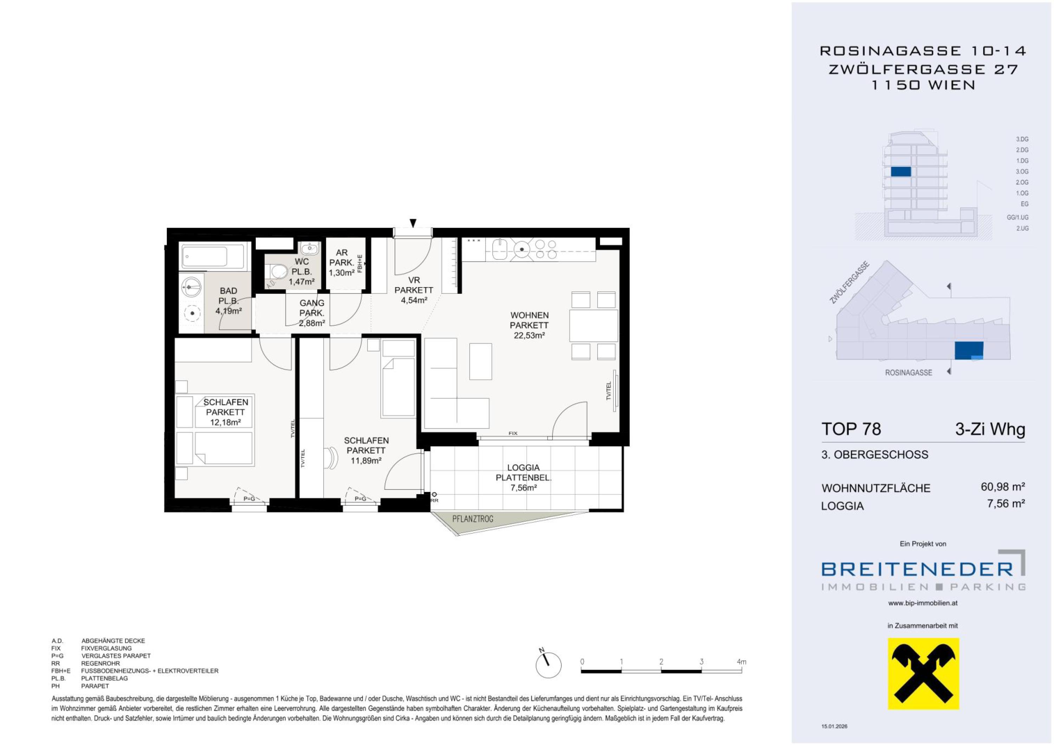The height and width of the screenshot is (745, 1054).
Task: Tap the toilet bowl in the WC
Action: [x=277, y=272]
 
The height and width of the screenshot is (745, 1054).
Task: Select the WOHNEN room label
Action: [x=529, y=315]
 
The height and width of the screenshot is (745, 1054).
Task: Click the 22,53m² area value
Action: [x=529, y=336]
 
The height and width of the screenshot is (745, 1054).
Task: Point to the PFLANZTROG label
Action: [x=473, y=519]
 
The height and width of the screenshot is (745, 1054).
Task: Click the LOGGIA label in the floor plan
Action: [x=523, y=468]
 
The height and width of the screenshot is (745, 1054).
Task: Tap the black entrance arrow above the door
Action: [x=413, y=223]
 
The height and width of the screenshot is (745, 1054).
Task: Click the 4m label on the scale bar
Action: [x=741, y=662]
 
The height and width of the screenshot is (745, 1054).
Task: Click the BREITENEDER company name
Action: [x=917, y=570]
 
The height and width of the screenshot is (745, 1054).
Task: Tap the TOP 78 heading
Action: [x=851, y=429]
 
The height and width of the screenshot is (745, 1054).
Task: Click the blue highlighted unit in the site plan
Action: [x=969, y=351]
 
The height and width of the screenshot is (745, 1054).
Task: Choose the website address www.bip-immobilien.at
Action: [x=923, y=603]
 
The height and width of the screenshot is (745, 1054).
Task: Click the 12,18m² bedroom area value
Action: [x=226, y=422]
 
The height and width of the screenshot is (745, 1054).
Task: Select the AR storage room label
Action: [x=341, y=252]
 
